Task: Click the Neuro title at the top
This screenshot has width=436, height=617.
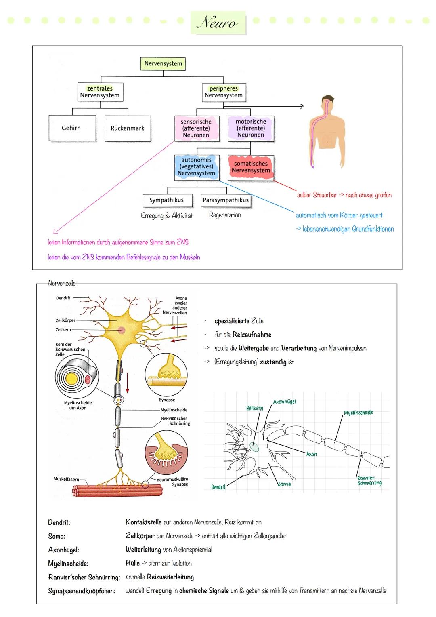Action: [x=218, y=23]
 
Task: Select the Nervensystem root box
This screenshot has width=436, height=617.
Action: [x=163, y=64]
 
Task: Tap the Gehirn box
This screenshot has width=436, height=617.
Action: [x=71, y=128]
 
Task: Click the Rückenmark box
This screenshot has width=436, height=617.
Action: [x=128, y=128]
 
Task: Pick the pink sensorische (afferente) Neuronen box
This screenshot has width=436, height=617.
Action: [x=196, y=128]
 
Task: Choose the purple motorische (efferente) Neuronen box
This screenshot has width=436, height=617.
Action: [x=251, y=128]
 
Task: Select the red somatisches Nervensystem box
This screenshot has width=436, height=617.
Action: [x=251, y=167]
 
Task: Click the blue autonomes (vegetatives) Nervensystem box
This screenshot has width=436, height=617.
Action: [x=197, y=167]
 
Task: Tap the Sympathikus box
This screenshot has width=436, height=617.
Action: [x=166, y=200]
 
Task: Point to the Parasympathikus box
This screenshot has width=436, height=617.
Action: [x=226, y=200]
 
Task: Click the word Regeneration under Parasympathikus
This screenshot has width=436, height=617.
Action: [x=225, y=215]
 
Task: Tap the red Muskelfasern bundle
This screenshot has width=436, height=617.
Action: [x=117, y=490]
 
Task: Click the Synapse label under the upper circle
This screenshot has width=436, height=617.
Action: [x=167, y=400]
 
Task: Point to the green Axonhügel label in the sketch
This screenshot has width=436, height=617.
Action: [x=284, y=402]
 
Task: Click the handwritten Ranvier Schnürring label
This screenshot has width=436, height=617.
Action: [x=369, y=481]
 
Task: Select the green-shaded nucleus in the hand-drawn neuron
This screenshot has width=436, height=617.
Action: [x=254, y=447]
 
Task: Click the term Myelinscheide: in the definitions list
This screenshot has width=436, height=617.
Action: [x=68, y=564]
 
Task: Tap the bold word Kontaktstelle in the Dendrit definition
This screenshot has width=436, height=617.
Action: [x=143, y=522]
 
